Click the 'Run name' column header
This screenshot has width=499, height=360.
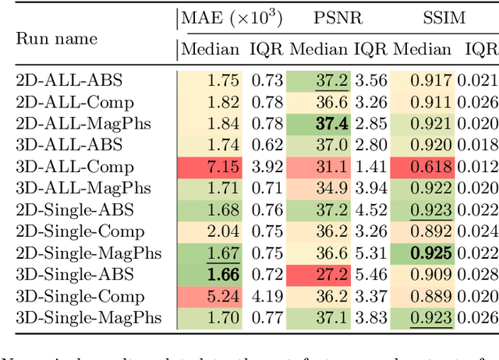click(x=57, y=38)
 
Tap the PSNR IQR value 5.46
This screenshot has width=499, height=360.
click(x=370, y=274)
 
